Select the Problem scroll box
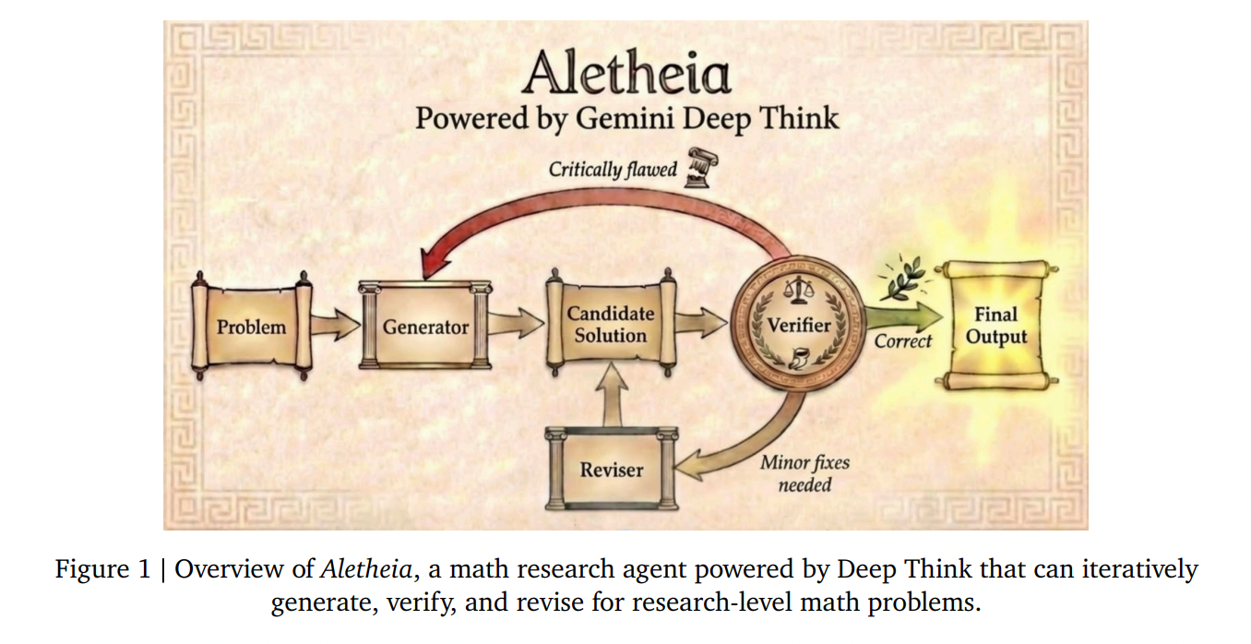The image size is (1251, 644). tap(251, 327)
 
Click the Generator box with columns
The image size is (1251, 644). tap(425, 327)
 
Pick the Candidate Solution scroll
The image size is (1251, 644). tap(610, 325)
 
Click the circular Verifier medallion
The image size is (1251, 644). tap(798, 325)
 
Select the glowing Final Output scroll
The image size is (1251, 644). tap(995, 326)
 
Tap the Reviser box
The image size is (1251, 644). tap(611, 470)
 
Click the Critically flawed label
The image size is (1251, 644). tap(613, 170)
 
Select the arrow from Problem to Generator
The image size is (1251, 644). tap(336, 325)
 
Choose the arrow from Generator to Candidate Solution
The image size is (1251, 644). tap(516, 323)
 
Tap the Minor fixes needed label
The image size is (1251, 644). tap(804, 473)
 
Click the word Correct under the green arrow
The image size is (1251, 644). tap(902, 341)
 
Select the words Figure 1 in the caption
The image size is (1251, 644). tap(101, 569)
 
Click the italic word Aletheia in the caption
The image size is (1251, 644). tap(365, 569)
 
